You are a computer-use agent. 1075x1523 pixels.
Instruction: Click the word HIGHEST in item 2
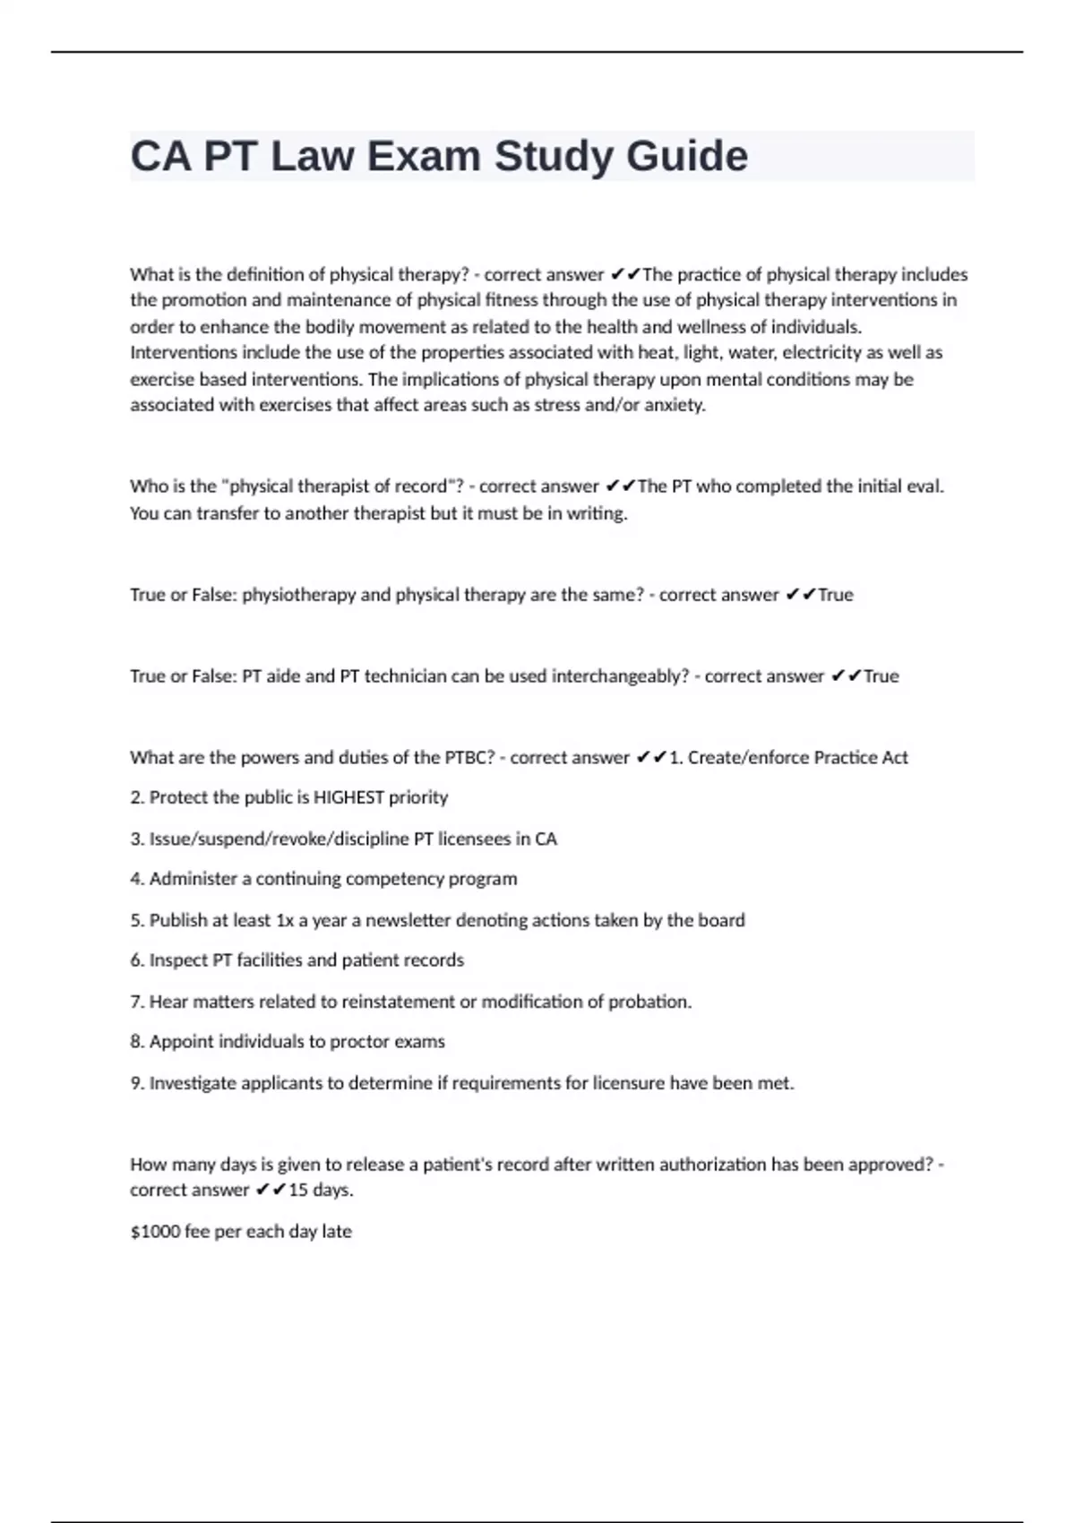pyautogui.click(x=348, y=797)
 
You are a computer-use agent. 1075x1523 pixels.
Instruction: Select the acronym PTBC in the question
pyautogui.click(x=469, y=758)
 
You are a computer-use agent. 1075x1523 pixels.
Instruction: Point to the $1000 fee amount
pyautogui.click(x=155, y=1232)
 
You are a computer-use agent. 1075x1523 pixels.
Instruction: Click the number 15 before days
pyautogui.click(x=298, y=1191)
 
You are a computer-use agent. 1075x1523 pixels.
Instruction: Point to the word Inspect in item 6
pyautogui.click(x=177, y=960)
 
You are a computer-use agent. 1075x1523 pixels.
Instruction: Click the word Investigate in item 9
pyautogui.click(x=193, y=1083)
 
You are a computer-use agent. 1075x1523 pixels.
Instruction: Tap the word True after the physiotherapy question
pyautogui.click(x=835, y=595)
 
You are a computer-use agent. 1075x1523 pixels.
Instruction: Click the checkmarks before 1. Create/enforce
pyautogui.click(x=651, y=758)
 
